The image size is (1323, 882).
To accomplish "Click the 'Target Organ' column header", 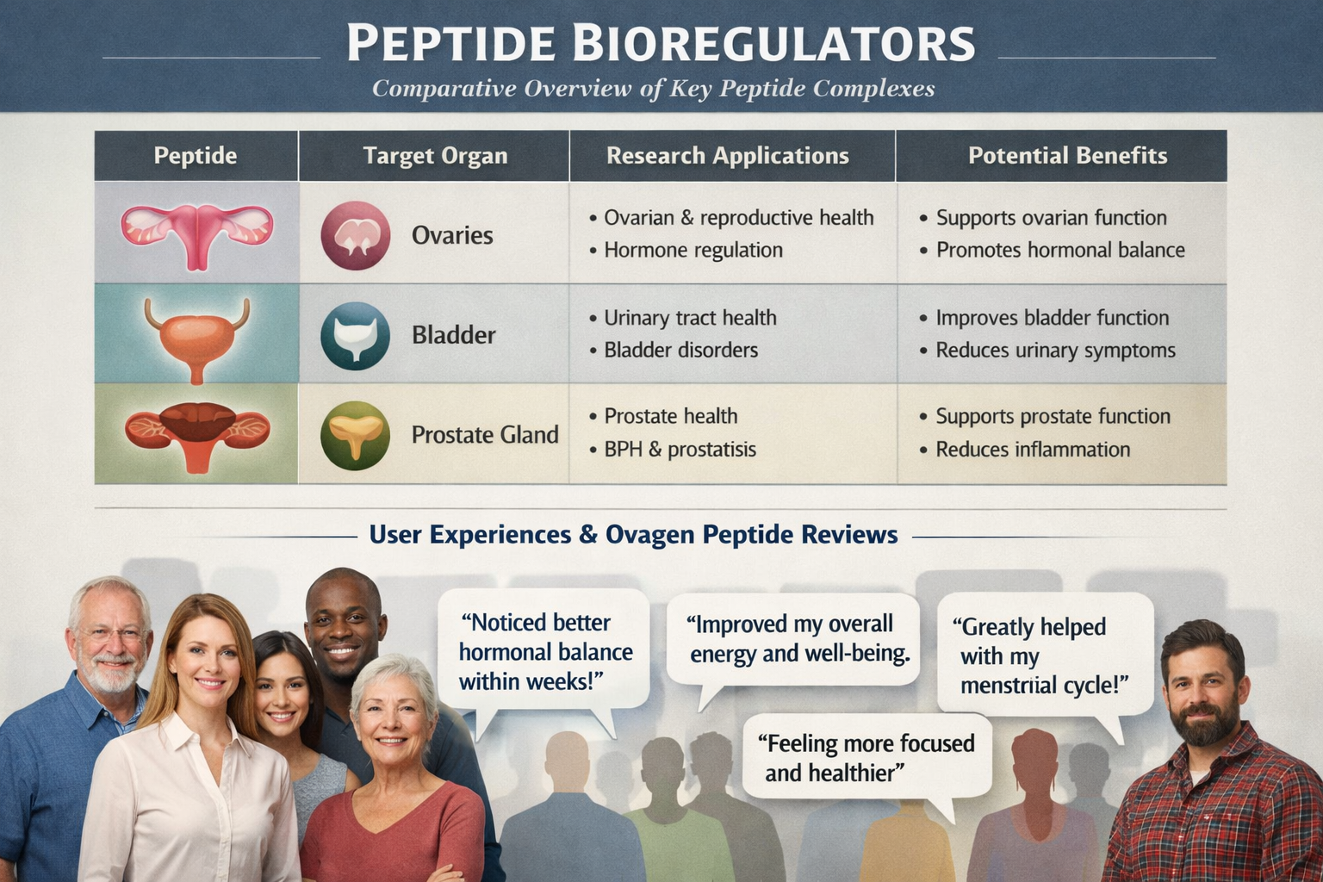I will tap(435, 156).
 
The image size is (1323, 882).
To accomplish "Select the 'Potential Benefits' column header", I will tap(1067, 156).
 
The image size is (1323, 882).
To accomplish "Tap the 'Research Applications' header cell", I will tap(727, 156).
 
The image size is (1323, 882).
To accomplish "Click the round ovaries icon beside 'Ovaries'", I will tap(355, 235).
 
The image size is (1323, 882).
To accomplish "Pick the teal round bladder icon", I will tap(355, 335).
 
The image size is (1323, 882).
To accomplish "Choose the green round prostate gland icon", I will tap(355, 435).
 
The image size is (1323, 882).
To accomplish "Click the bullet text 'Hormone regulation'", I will tap(693, 251).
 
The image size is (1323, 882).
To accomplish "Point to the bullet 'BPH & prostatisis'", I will tap(680, 450).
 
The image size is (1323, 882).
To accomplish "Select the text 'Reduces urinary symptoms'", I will tap(1055, 351).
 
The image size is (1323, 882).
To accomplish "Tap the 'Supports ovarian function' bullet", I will tap(1051, 218).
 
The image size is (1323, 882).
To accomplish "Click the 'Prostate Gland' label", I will tap(485, 435).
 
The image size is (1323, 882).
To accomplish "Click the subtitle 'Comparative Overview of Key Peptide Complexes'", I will tap(653, 89).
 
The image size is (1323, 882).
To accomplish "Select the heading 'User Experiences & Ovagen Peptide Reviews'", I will tap(633, 535).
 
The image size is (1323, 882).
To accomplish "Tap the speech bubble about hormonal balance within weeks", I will tap(544, 651).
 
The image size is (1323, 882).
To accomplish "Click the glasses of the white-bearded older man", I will tap(109, 634).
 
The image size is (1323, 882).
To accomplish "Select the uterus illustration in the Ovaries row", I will tap(197, 233).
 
